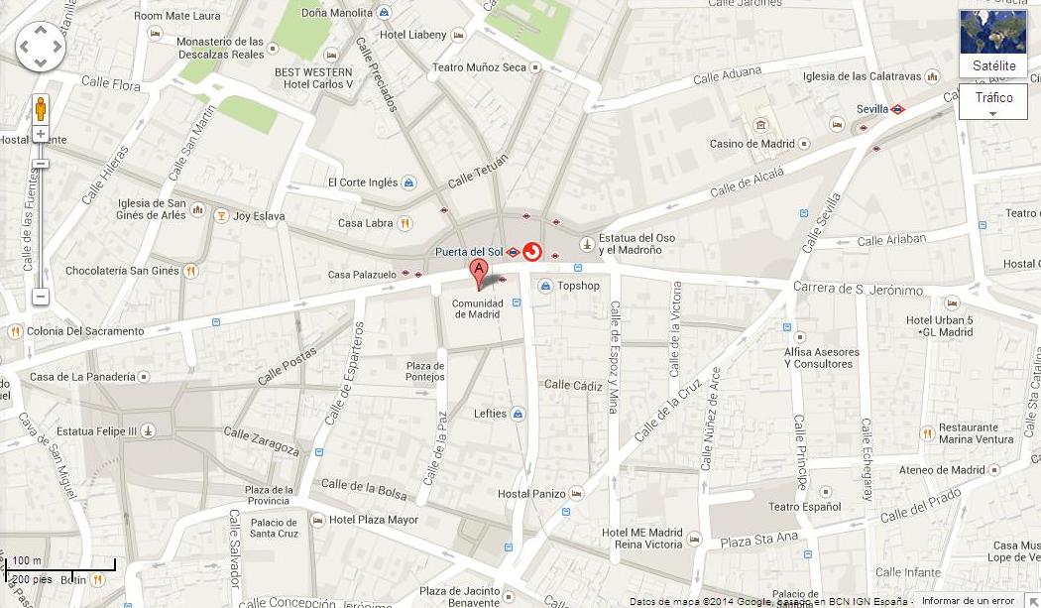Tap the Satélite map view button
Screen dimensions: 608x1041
993,44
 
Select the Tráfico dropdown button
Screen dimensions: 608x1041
993,101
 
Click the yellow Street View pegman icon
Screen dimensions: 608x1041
41,108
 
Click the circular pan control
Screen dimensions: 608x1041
41,47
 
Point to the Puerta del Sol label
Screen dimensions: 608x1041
470,252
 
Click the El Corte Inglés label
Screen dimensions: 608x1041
363,182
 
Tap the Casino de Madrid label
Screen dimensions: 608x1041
752,144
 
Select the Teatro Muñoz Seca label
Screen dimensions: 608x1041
479,67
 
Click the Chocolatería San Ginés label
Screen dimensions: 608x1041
122,271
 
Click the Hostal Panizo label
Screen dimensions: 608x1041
531,494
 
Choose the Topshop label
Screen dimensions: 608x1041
577,286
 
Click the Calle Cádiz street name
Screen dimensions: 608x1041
573,385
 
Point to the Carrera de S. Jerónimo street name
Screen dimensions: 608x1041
858,290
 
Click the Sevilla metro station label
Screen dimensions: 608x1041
872,109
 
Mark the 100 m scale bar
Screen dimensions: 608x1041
59,565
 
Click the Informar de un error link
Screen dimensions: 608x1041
968,601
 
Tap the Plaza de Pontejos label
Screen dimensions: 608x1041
425,371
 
